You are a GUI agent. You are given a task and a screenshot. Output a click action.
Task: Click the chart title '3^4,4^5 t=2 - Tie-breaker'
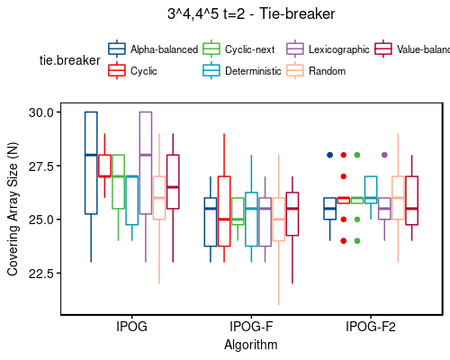tap(250, 14)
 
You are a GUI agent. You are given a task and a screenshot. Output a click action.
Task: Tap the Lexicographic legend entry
tap(337, 49)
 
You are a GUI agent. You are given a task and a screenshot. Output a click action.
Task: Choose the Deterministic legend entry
tap(251, 70)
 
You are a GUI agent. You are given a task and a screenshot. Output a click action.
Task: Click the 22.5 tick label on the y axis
tap(40, 273)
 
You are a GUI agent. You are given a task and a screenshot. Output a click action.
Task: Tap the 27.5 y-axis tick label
tap(40, 166)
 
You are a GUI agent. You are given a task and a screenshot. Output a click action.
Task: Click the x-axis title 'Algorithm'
tap(250, 345)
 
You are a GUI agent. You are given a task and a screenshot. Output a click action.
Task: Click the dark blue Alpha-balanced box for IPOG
tap(91, 163)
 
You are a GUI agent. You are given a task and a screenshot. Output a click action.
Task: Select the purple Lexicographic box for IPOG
tap(145, 162)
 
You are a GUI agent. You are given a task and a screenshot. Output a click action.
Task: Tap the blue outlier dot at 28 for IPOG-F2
tap(330, 155)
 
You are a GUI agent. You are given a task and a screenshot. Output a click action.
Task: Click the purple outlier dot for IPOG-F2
tap(384, 155)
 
